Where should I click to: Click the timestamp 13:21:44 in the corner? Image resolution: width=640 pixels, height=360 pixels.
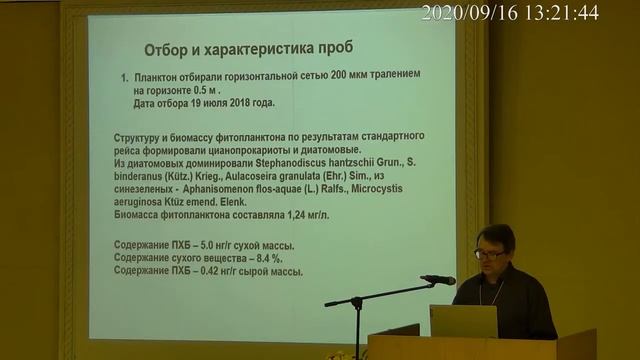563,13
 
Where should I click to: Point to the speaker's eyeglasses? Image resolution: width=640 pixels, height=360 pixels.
489,254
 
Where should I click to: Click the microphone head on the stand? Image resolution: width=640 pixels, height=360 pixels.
440,280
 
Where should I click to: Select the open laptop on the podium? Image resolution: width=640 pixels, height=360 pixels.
463,321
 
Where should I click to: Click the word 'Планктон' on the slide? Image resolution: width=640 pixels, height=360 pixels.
160,76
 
